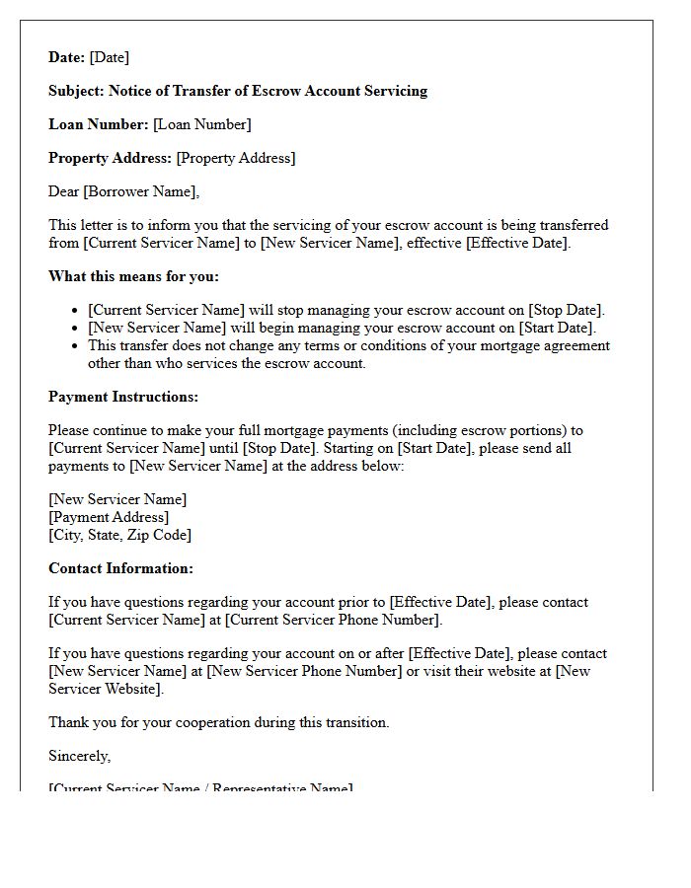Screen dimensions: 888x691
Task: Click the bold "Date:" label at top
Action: pyautogui.click(x=66, y=57)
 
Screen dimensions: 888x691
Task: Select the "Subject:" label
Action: pyautogui.click(x=76, y=91)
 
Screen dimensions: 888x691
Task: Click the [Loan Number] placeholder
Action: pyautogui.click(x=202, y=124)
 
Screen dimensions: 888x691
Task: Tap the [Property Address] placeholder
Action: pyautogui.click(x=235, y=158)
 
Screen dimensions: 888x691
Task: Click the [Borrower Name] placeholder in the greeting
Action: pyautogui.click(x=140, y=191)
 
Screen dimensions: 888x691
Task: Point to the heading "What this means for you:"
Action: pyautogui.click(x=133, y=276)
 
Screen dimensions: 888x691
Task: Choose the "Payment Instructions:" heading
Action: pyautogui.click(x=123, y=397)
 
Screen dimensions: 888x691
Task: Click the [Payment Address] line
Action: pyautogui.click(x=109, y=517)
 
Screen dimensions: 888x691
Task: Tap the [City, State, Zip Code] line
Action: pyautogui.click(x=119, y=535)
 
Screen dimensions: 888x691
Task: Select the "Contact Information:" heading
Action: pyautogui.click(x=120, y=568)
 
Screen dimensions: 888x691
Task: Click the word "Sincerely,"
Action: pyautogui.click(x=80, y=756)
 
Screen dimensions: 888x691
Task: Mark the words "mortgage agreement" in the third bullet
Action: pyautogui.click(x=550, y=345)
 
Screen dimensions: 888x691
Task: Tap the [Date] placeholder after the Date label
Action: pyautogui.click(x=110, y=57)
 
